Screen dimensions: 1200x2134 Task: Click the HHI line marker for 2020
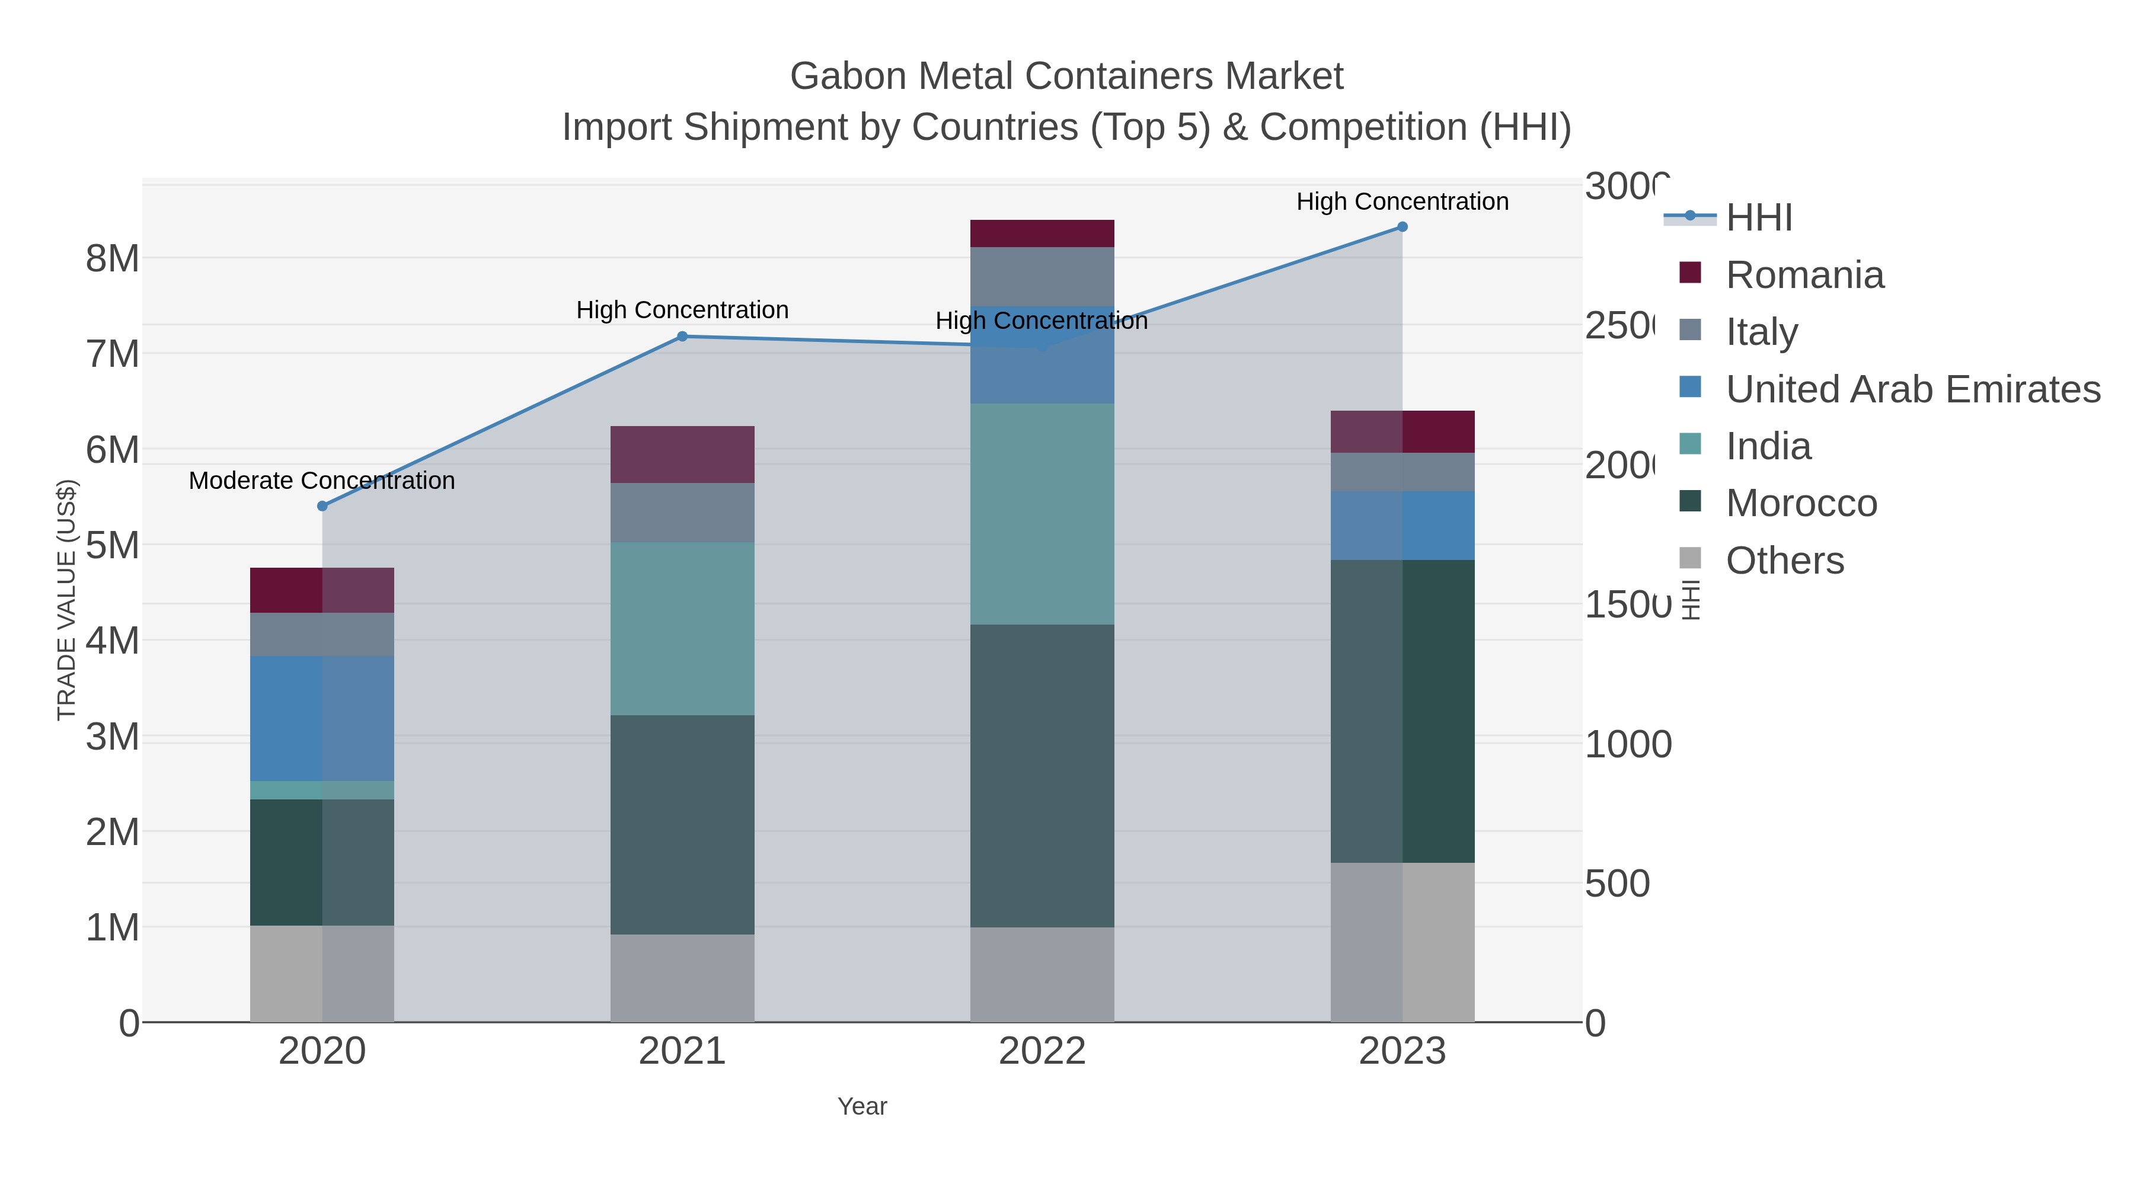(x=322, y=506)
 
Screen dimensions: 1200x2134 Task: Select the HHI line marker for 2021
(x=682, y=336)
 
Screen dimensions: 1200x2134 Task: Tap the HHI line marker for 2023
(x=1402, y=227)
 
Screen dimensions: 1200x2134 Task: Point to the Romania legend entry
(x=1804, y=275)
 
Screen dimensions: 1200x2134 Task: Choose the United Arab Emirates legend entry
(x=1912, y=389)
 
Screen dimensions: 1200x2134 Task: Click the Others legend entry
(x=1784, y=561)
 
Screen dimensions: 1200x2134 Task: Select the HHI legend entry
(x=1759, y=218)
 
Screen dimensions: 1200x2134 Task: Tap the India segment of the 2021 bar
(x=682, y=629)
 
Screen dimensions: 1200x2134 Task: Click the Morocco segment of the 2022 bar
(x=1042, y=775)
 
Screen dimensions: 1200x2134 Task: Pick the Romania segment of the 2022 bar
(x=1042, y=233)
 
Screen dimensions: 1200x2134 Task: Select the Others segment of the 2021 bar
(x=682, y=978)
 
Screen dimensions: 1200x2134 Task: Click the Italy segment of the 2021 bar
(x=682, y=513)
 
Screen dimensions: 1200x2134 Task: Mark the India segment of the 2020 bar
(x=322, y=790)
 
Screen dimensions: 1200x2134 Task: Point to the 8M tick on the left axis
(x=113, y=259)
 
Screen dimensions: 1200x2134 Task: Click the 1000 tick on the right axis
(x=1628, y=744)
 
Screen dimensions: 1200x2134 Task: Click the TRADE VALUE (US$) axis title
(x=66, y=600)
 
